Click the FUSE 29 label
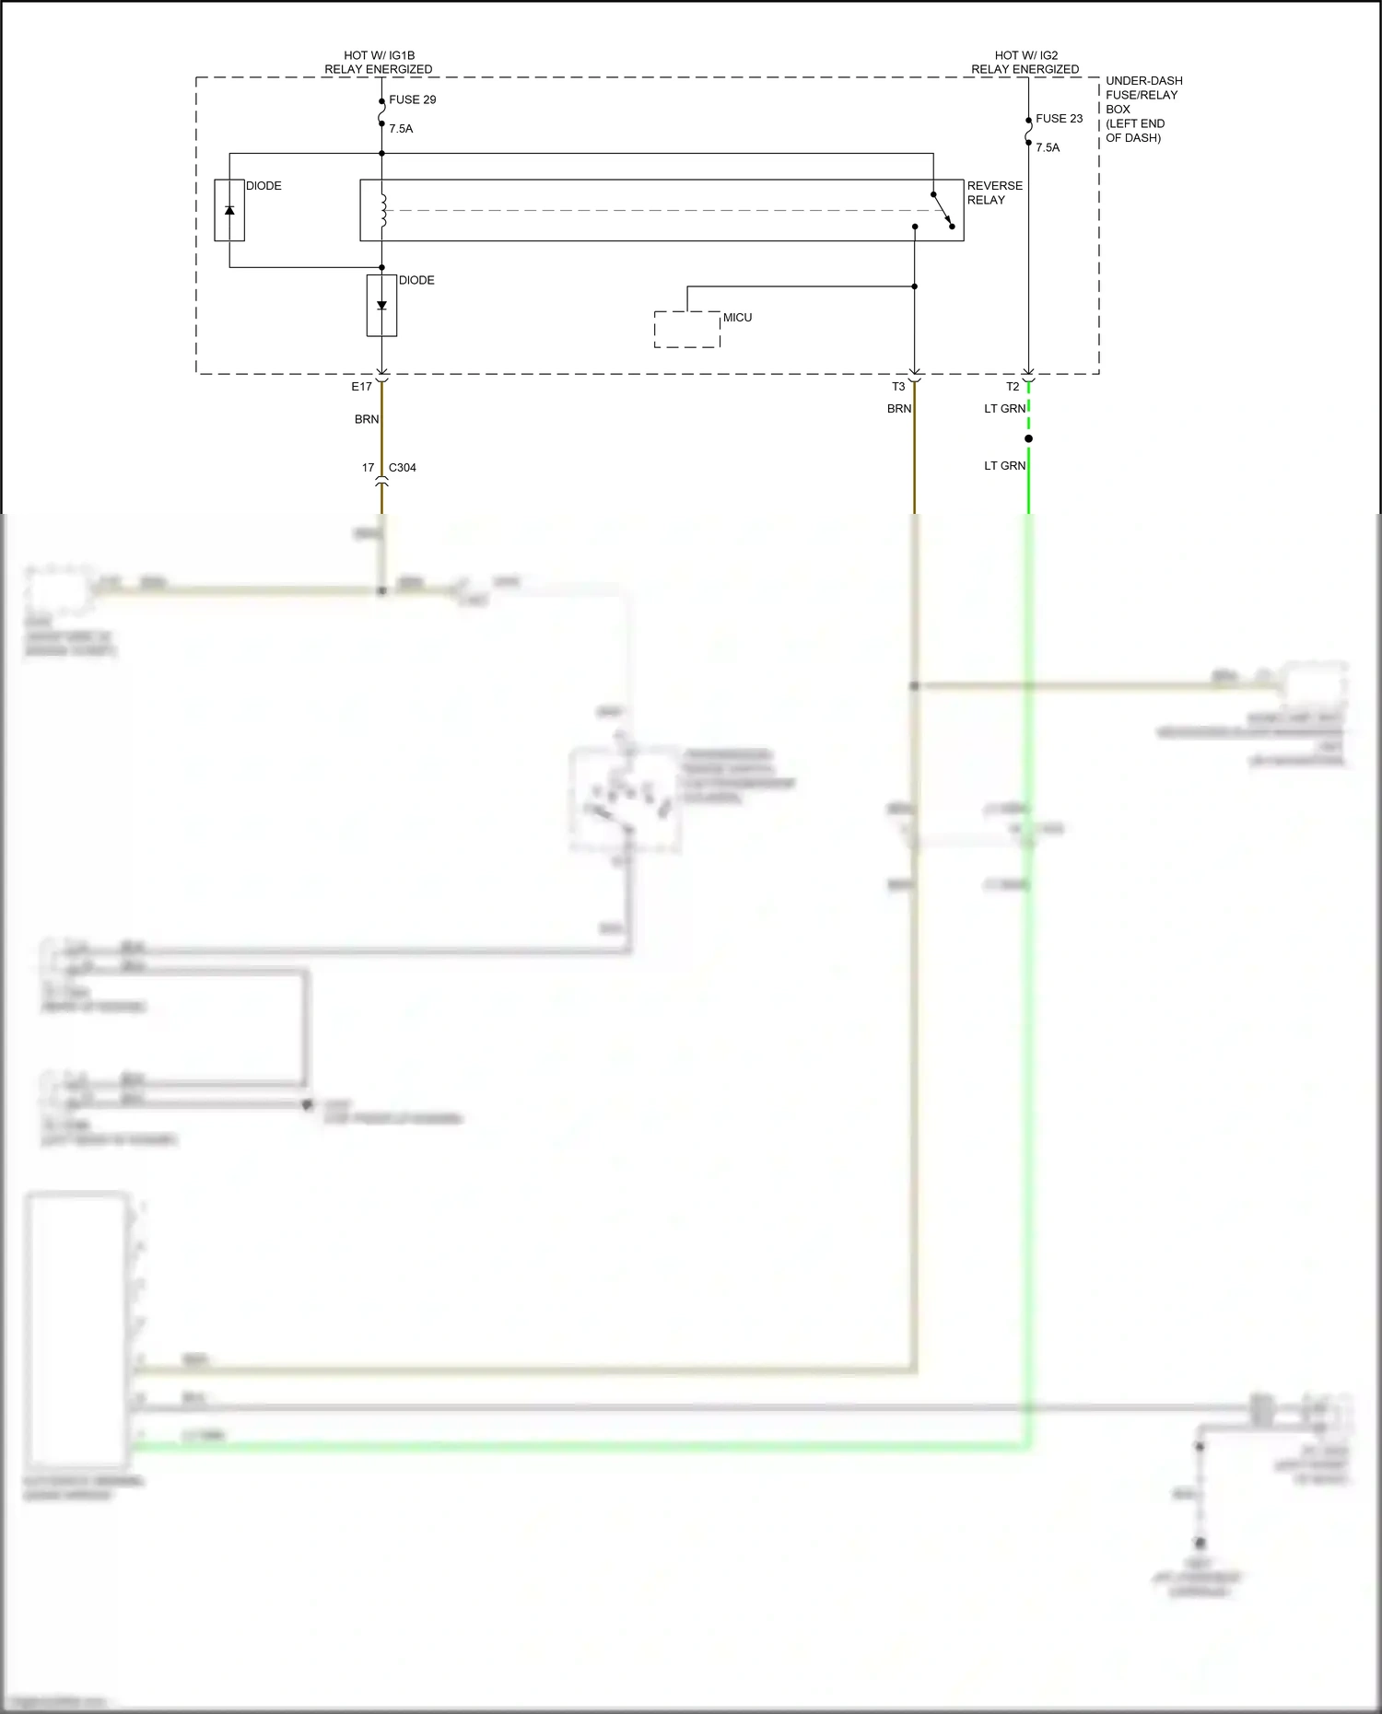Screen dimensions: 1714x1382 pos(412,99)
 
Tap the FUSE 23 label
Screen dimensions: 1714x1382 pos(1059,119)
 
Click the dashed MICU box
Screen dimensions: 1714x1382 pos(686,330)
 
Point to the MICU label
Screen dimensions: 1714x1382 pos(737,318)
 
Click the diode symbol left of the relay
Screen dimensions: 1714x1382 pos(229,210)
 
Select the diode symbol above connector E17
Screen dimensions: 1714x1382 pos(381,306)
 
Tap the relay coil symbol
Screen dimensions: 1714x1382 pos(383,210)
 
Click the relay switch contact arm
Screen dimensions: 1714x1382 pos(943,210)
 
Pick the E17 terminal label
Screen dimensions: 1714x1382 pos(361,387)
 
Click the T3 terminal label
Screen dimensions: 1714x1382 pos(898,387)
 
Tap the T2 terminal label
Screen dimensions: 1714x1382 pos(1013,387)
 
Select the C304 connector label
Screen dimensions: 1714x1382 pos(402,468)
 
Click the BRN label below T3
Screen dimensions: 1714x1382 pos(899,409)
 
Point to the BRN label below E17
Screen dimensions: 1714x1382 pos(367,419)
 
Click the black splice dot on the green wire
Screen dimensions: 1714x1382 pos(1028,438)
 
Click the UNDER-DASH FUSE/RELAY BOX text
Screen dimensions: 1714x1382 pos(1143,109)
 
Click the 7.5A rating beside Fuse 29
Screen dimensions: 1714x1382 pos(401,129)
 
